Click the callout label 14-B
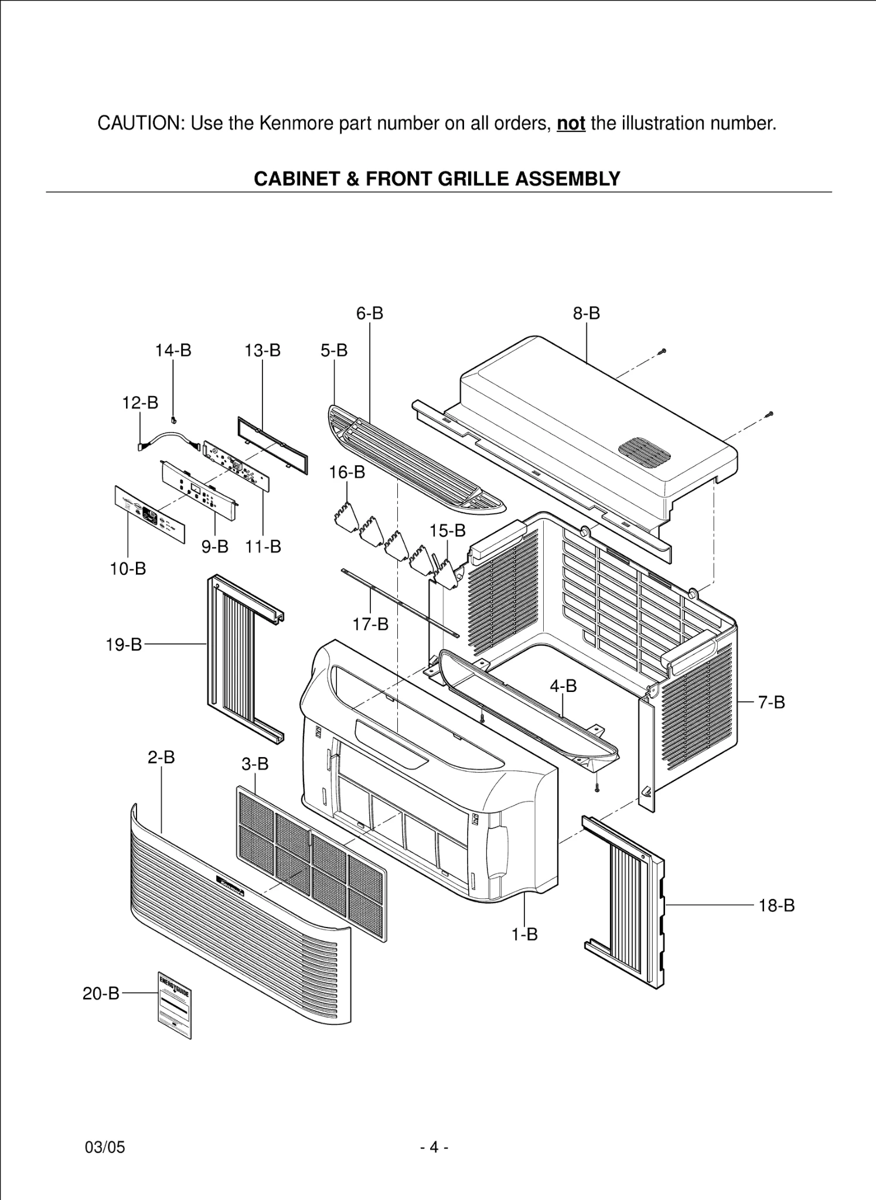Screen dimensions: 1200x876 coord(173,350)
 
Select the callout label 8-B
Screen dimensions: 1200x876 coord(587,313)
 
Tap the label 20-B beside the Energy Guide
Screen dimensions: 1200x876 coord(101,993)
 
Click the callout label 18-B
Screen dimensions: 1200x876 coord(776,905)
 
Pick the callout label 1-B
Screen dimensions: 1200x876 coord(524,935)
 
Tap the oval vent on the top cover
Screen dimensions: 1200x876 coord(644,451)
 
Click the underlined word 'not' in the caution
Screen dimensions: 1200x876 coord(571,124)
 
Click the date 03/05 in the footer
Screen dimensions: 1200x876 coord(105,1147)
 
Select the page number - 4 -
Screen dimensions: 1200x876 coord(434,1147)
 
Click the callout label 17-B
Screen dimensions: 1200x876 coord(370,624)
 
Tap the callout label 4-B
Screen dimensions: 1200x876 coord(563,686)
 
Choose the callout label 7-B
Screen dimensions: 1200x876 coord(771,702)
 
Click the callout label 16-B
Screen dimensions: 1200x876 coord(347,472)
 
